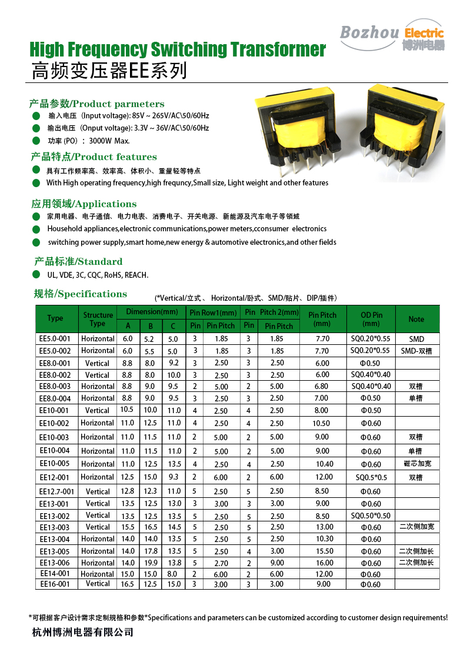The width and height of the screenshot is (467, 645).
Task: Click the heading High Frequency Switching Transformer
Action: tap(178, 49)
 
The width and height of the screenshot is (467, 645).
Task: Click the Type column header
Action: tap(55, 318)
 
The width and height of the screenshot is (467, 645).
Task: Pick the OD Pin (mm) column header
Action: tap(371, 318)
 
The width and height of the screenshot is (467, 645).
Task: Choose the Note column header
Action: tap(416, 319)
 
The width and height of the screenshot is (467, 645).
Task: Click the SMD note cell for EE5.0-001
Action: tap(416, 339)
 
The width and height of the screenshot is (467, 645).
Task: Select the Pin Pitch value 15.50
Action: tap(323, 551)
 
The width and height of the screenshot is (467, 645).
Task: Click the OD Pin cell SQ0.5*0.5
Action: tap(371, 477)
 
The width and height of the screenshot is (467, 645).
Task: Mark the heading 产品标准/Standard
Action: tap(78, 261)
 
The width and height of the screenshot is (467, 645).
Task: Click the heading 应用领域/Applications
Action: tap(84, 204)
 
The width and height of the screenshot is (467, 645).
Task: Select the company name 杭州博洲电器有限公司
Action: tap(82, 633)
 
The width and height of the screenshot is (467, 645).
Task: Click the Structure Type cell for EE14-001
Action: tap(98, 574)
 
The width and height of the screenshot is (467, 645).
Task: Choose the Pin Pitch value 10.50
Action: tap(323, 423)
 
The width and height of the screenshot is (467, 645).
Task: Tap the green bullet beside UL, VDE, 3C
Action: tap(36, 275)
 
